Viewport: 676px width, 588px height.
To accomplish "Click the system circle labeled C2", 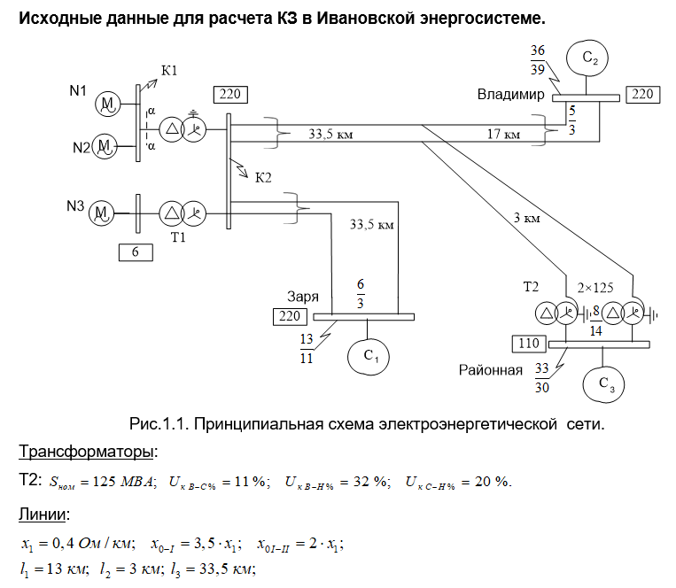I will [591, 59].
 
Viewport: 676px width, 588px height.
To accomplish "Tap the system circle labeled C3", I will [603, 383].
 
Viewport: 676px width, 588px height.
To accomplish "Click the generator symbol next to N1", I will [109, 104].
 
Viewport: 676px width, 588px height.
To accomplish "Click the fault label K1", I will [168, 71].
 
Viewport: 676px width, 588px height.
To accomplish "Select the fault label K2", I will [263, 177].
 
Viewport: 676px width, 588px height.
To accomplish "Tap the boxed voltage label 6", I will [136, 251].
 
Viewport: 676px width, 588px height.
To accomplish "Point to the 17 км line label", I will [503, 135].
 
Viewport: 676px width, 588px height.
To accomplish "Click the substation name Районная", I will [490, 369].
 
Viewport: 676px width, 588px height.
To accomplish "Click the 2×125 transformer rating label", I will [596, 289].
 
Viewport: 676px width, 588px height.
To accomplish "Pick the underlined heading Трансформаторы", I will [86, 453].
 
